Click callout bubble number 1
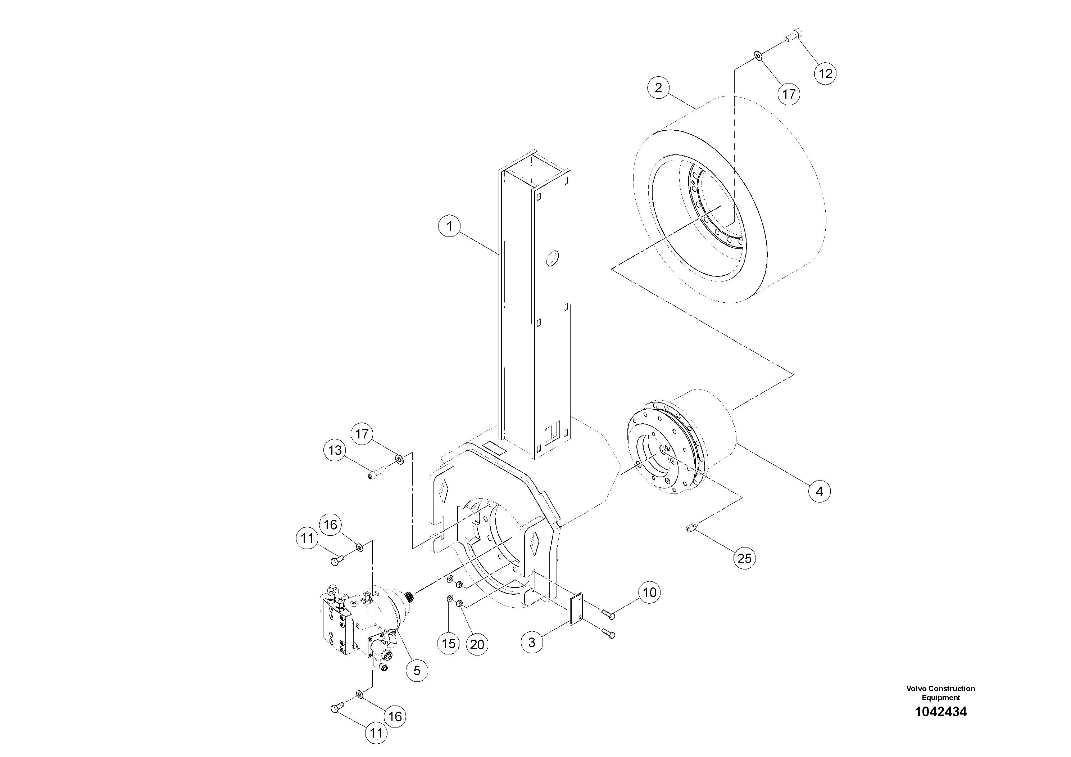(x=449, y=226)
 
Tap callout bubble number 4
(x=819, y=491)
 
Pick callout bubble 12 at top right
(x=825, y=73)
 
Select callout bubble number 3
(x=532, y=642)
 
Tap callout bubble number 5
(x=417, y=671)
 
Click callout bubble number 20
(x=477, y=645)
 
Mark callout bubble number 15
(x=448, y=644)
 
